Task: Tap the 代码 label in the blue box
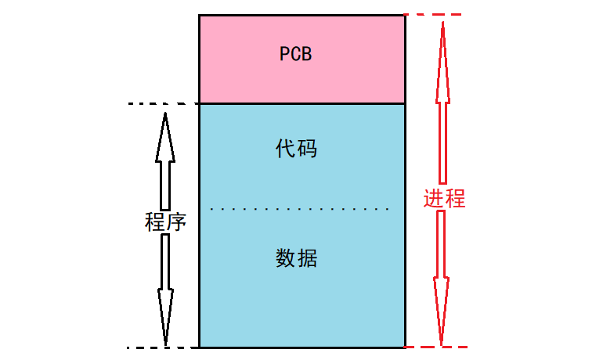tap(297, 149)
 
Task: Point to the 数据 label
tap(297, 257)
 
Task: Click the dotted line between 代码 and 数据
tap(301, 210)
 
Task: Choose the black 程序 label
tap(165, 221)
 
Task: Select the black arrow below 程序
tap(165, 290)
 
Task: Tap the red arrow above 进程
tap(442, 102)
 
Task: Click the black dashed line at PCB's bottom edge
tap(163, 103)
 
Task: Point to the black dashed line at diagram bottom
tap(163, 347)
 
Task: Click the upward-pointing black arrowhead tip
tap(165, 115)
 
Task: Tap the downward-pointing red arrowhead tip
tap(442, 344)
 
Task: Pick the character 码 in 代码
tap(308, 149)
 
